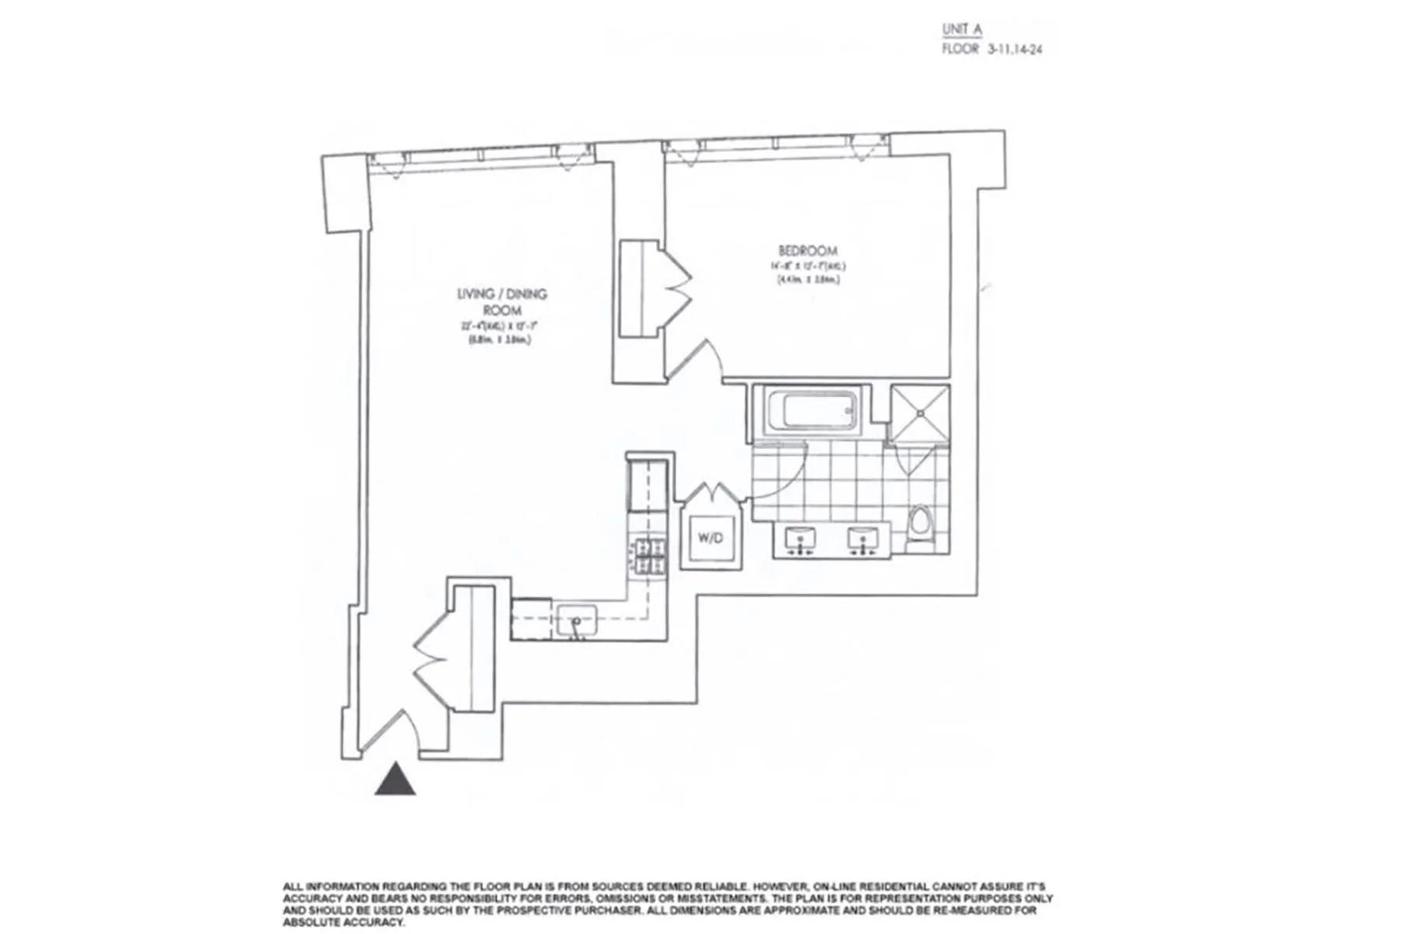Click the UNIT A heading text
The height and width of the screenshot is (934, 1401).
pos(962,30)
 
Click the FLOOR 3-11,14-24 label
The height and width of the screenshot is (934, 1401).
pos(992,49)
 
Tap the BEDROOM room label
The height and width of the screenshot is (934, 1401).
pos(808,251)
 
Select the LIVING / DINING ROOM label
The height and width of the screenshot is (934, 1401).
pos(501,302)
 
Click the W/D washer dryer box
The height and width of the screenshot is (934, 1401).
pos(711,538)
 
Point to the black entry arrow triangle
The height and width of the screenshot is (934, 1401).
pos(395,779)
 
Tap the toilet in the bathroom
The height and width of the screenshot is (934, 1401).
pos(920,523)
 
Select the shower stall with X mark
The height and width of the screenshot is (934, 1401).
pos(920,412)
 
